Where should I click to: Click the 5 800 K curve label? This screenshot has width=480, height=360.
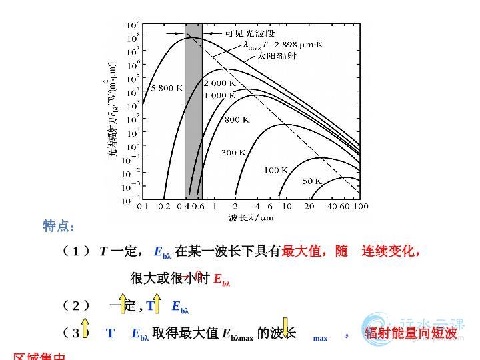[x=157, y=88]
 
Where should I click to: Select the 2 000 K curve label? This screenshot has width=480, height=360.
[x=219, y=84]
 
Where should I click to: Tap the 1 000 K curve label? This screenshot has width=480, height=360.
[x=219, y=95]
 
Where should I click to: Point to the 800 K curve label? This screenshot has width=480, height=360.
[x=237, y=120]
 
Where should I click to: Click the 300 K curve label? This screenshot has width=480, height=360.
[x=233, y=153]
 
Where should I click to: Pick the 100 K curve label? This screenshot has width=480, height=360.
[x=275, y=170]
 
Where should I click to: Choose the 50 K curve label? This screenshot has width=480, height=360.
[x=312, y=181]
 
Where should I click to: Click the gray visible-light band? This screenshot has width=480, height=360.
[x=193, y=113]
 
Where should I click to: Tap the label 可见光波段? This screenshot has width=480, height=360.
[x=249, y=33]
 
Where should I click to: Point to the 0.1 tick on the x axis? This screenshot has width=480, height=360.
[x=143, y=207]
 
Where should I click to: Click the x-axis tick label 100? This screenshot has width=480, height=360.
[x=360, y=207]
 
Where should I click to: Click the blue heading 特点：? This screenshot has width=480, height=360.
[x=59, y=227]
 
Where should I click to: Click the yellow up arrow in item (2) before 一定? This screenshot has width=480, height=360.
[x=123, y=303]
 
